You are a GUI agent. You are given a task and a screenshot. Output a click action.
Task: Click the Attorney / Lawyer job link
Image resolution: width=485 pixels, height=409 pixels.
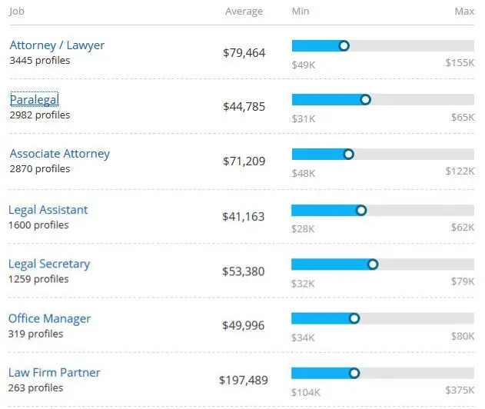[x=57, y=45]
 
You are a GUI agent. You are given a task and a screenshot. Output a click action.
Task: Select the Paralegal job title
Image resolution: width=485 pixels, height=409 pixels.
[x=35, y=100]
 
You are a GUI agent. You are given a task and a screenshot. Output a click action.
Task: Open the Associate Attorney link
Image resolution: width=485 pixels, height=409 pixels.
[x=60, y=154]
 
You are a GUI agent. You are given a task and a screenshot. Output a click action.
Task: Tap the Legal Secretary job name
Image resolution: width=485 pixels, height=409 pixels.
[x=49, y=264]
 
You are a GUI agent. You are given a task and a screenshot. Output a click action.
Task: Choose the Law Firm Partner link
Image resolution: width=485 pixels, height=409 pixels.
[x=55, y=373]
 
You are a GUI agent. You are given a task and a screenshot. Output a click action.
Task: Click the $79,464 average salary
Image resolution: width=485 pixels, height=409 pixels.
[x=244, y=53]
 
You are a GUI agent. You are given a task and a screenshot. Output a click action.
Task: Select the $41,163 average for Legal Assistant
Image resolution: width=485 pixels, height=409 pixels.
[x=244, y=217]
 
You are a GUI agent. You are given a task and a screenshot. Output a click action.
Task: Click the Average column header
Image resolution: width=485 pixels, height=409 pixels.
[x=244, y=12]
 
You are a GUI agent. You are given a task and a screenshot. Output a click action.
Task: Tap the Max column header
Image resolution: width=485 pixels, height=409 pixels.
[x=464, y=12]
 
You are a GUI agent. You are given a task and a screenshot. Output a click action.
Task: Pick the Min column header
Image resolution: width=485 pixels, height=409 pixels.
[x=301, y=12]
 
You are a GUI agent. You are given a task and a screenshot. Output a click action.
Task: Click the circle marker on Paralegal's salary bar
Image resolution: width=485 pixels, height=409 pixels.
[x=366, y=99]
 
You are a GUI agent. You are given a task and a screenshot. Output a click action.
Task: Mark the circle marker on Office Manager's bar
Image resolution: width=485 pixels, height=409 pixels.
[x=354, y=318]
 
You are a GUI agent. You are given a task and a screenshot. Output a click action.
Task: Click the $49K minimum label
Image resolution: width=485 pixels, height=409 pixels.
[x=304, y=64]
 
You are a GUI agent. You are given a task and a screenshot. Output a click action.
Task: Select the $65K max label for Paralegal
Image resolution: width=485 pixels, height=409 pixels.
[x=463, y=118]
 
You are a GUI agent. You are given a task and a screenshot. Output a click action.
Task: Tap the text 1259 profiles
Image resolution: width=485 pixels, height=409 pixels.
[x=38, y=279]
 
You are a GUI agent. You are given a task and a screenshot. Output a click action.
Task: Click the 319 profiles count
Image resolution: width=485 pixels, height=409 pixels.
[x=36, y=334]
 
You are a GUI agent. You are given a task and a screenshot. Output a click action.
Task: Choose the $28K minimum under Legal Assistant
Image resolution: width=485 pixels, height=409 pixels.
[x=303, y=228]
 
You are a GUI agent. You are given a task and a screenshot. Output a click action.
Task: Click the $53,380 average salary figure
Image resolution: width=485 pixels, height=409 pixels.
[x=244, y=271]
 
